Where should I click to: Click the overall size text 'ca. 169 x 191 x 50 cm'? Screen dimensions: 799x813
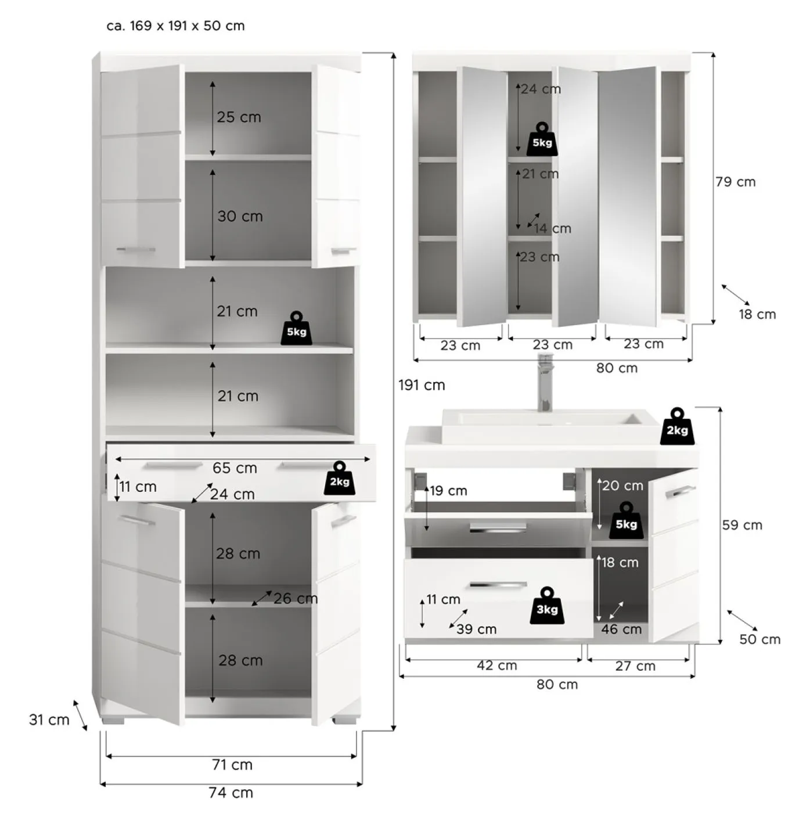[x=175, y=26]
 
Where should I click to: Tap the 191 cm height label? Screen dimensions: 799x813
[x=422, y=385]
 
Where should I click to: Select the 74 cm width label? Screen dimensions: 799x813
[x=231, y=793]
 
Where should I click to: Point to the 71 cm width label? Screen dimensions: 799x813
[x=232, y=764]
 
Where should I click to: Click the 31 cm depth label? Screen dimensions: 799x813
[x=49, y=720]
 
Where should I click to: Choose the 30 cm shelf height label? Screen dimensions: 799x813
[x=240, y=217]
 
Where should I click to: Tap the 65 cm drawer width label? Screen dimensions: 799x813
[x=235, y=468]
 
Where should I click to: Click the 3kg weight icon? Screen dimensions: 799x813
[x=547, y=606]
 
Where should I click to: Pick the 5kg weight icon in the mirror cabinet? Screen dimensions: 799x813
[x=542, y=139]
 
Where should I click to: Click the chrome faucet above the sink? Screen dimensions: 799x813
[x=545, y=383]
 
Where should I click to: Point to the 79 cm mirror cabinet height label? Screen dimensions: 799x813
[x=735, y=182]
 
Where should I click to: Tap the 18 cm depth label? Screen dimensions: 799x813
[x=757, y=314]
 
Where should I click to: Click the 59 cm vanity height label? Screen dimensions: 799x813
[x=742, y=526]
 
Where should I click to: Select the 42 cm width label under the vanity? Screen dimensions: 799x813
[x=496, y=665]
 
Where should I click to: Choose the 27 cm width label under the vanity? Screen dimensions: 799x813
[x=635, y=666]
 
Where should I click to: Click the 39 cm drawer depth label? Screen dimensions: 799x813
[x=476, y=629]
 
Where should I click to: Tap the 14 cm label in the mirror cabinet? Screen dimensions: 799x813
[x=553, y=229]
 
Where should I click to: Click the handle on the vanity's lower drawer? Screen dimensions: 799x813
[x=498, y=585]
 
